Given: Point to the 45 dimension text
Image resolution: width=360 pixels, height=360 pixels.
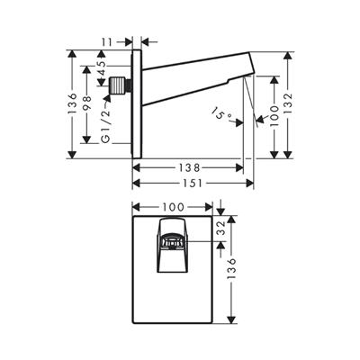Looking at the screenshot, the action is pos(102,68).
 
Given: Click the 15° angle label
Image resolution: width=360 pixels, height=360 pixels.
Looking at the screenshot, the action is pos(220,114).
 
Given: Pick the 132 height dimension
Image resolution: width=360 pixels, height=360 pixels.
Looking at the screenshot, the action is pos(287,104).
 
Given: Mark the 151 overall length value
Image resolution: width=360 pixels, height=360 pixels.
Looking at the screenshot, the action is pos(192,183).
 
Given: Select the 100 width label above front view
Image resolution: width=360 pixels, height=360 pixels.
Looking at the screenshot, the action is pos(173,207).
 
